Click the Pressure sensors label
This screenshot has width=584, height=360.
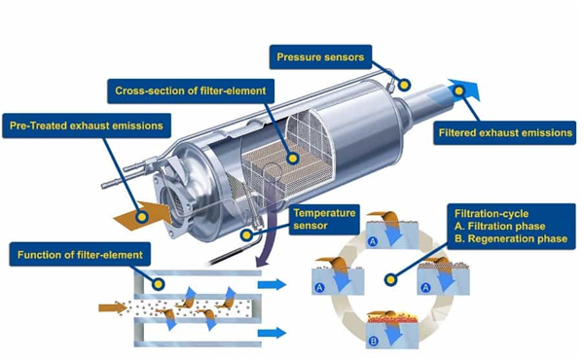[x=320, y=57]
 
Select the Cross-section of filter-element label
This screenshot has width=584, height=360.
[x=191, y=90]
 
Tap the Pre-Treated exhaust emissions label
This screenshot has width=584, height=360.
[x=87, y=126]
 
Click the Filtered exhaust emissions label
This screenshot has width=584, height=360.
[x=505, y=133]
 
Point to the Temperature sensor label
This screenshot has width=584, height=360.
[x=324, y=219]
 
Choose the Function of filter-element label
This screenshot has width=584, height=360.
[x=80, y=255]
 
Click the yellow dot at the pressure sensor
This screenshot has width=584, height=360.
[x=405, y=85]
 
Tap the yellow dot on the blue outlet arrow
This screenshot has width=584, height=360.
[x=459, y=90]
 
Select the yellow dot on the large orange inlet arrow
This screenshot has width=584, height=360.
[x=142, y=216]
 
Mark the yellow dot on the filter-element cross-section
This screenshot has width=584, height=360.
[x=293, y=159]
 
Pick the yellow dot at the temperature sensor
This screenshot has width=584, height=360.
[x=246, y=234]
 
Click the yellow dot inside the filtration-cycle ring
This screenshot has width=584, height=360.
[x=390, y=279]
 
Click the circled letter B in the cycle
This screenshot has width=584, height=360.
[x=373, y=341]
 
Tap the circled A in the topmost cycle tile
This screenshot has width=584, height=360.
[x=373, y=241]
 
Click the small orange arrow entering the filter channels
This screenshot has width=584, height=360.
[x=113, y=307]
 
